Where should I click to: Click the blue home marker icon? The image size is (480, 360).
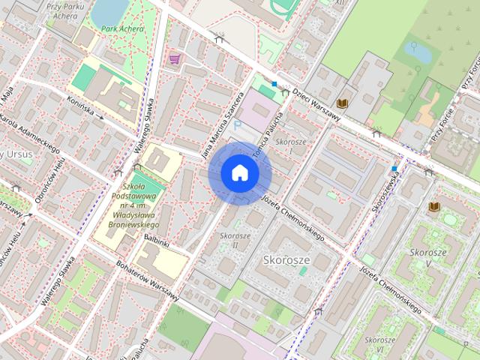point(240,173)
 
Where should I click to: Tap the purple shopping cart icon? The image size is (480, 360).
point(175,58)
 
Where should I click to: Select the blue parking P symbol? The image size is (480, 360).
point(238,127)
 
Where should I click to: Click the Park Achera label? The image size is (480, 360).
point(122,29)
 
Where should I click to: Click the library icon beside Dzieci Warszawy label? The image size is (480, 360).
point(343,103)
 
